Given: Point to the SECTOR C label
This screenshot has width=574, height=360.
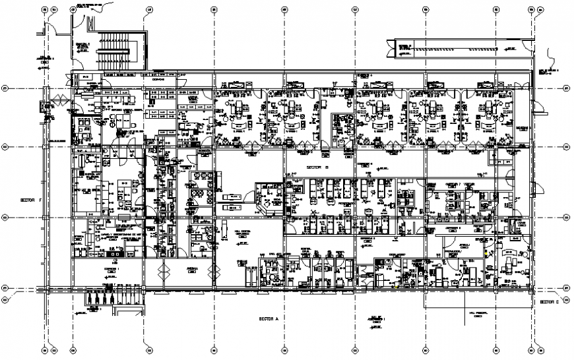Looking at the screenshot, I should pos(549,301).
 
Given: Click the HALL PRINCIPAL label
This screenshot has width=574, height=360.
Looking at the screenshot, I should pos(476,313).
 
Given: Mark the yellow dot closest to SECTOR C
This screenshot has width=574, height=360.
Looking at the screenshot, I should pos(488,252).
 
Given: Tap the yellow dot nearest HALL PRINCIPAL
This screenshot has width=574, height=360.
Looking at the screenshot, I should pos(395,285).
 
